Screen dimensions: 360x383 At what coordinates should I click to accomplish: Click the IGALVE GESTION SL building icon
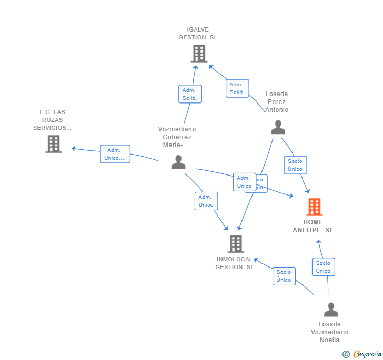pyautogui.click(x=199, y=54)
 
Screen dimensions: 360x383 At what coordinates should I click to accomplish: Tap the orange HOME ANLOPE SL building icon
pyautogui.click(x=314, y=207)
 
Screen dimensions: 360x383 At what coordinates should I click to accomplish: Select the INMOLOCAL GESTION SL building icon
pyautogui.click(x=236, y=244)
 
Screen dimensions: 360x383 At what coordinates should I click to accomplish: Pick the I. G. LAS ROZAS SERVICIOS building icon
pyautogui.click(x=54, y=144)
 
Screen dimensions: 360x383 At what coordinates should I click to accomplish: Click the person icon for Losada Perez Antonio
pyautogui.click(x=278, y=127)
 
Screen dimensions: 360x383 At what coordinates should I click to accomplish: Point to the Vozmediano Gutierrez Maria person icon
pyautogui.click(x=178, y=162)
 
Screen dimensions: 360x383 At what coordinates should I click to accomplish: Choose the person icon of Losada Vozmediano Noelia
pyautogui.click(x=331, y=310)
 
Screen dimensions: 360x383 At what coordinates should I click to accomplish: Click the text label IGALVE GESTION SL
pyautogui.click(x=198, y=34)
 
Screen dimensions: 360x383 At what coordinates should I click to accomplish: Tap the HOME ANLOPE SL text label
pyautogui.click(x=313, y=226)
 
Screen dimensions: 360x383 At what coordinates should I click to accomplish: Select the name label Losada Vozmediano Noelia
pyautogui.click(x=329, y=332)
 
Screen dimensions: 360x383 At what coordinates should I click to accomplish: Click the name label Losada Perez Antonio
pyautogui.click(x=277, y=102)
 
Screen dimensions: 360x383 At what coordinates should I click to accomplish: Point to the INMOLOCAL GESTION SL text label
pyautogui.click(x=235, y=263)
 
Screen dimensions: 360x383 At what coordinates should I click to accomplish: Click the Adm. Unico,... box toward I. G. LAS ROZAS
pyautogui.click(x=115, y=154)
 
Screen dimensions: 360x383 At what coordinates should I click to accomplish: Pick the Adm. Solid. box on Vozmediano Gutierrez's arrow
pyautogui.click(x=189, y=94)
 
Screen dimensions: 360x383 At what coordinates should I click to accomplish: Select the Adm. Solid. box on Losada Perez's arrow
pyautogui.click(x=237, y=88)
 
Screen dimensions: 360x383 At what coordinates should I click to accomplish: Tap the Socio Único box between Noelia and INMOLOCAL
pyautogui.click(x=284, y=276)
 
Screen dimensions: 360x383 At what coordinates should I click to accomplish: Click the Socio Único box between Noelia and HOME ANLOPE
pyautogui.click(x=323, y=267)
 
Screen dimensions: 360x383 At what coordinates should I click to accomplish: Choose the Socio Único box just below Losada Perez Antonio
pyautogui.click(x=295, y=165)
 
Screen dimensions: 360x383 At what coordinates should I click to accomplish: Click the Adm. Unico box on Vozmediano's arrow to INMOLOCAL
pyautogui.click(x=206, y=201)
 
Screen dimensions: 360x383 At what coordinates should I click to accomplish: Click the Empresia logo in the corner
pyautogui.click(x=362, y=354)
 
